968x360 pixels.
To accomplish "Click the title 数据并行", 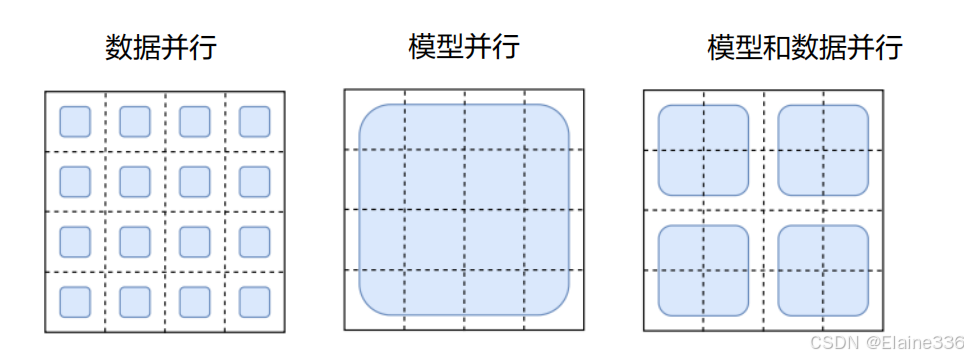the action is point(160,47).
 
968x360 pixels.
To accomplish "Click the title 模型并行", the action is point(464,47).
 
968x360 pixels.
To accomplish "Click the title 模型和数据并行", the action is point(804,47).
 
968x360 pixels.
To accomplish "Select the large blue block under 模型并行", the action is point(464,209).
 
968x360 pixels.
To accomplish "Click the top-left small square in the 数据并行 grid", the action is point(75,121).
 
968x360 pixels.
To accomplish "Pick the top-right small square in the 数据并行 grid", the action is point(255,121).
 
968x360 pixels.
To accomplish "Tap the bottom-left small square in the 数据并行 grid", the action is point(75,301).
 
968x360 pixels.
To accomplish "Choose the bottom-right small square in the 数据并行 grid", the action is point(255,301).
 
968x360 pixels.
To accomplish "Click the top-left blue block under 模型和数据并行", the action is point(703,150).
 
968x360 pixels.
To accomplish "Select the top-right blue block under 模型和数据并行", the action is point(823,150).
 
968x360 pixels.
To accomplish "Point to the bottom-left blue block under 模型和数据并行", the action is point(703,270).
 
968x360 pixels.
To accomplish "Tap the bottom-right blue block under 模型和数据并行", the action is point(823,270).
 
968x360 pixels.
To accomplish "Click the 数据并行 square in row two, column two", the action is point(135,181).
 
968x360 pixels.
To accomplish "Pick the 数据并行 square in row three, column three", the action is point(195,241).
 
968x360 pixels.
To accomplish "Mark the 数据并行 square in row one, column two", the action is point(135,121).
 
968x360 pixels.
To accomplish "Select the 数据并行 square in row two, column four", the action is point(255,181).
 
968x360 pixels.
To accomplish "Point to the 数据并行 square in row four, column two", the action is point(135,301).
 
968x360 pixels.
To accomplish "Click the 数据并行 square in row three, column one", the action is point(75,241).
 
